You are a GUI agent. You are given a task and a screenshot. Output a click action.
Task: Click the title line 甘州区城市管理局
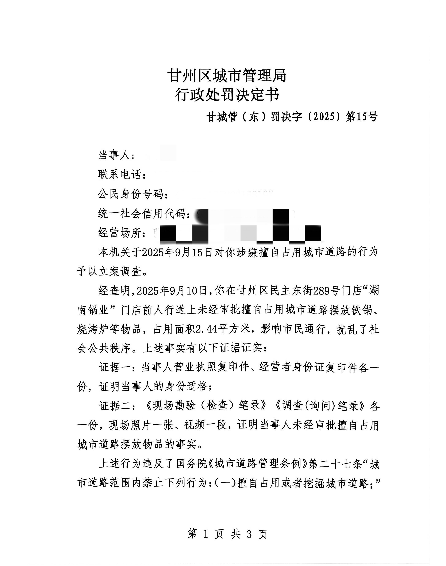[227, 76]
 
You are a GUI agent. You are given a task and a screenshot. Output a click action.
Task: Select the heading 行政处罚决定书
[227, 95]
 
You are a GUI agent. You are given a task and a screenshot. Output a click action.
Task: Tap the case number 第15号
[362, 117]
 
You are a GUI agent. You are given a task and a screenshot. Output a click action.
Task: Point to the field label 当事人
[114, 155]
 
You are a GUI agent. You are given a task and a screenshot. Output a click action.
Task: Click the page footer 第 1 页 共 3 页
[227, 534]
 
